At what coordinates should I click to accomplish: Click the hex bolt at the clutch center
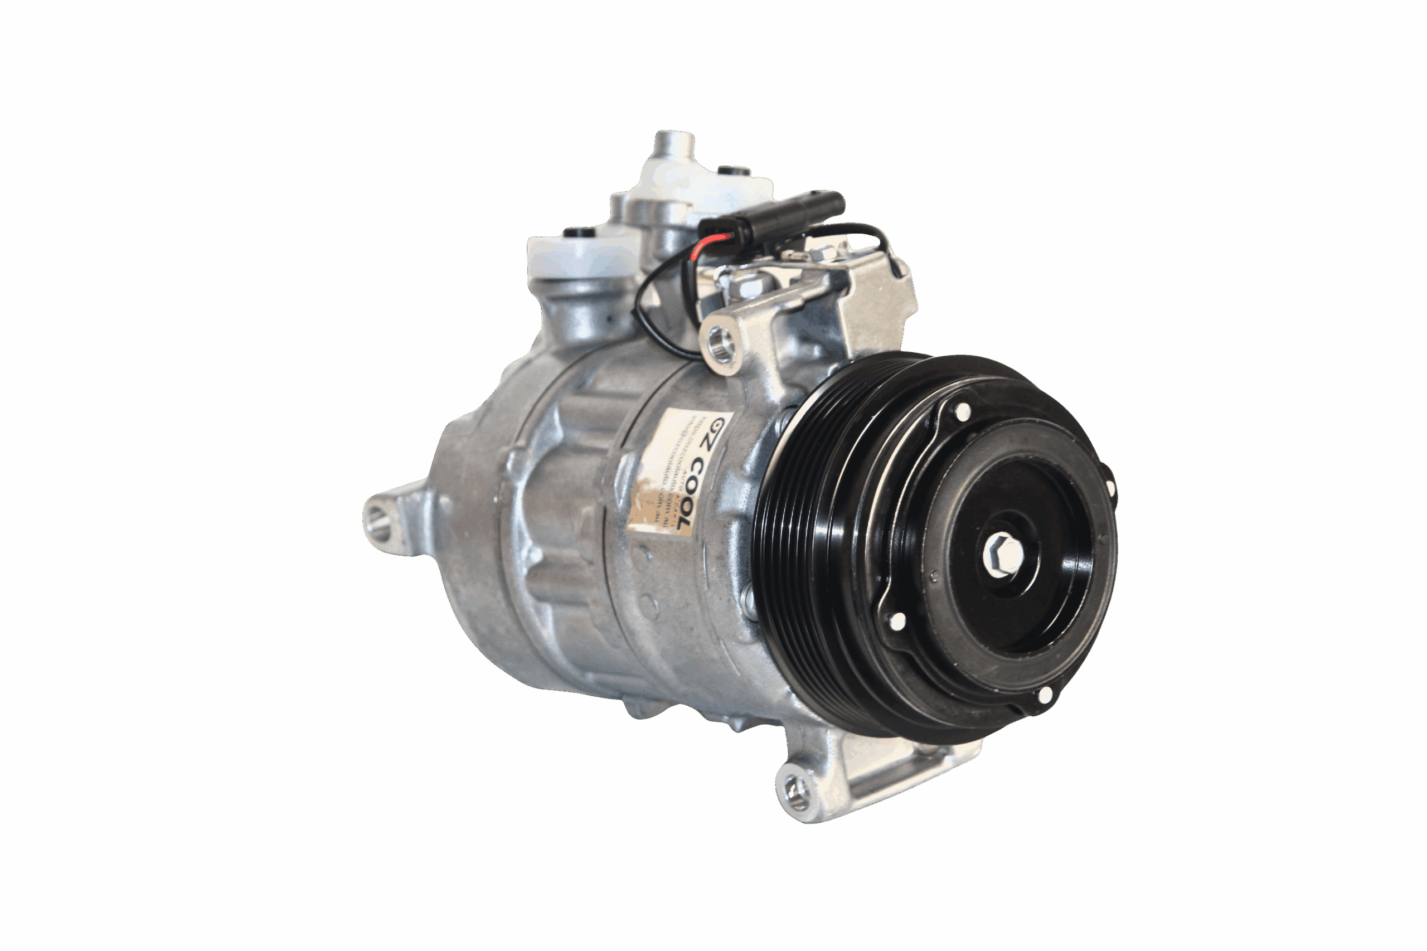1003,552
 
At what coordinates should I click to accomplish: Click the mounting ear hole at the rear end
376,519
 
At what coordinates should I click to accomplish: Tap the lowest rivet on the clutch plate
1045,695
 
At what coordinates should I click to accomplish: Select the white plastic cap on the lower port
570,255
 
